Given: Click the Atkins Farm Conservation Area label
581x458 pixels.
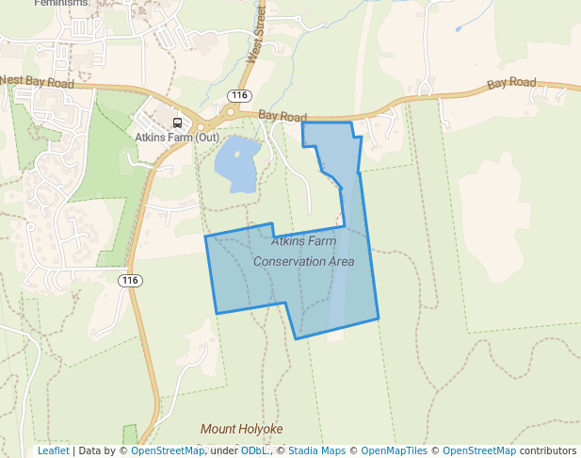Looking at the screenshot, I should point(304,251).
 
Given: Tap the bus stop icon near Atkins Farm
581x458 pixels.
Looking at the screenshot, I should point(177,123).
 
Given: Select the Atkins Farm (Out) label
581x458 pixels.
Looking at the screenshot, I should point(178,138).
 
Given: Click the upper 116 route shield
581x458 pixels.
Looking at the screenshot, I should point(239,96).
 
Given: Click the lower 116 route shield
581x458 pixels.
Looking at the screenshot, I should point(130,281).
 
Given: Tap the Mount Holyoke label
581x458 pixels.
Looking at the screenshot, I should point(241,429).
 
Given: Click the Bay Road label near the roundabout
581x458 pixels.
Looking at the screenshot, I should point(282,117).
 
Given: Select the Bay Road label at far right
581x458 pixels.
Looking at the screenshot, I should point(510,85).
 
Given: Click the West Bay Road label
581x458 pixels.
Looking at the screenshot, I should point(37,83).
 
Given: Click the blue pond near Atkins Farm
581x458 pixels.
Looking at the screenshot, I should point(235,163).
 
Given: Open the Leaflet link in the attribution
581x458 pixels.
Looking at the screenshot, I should point(53,450).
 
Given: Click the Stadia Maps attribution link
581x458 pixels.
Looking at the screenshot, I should point(316,450).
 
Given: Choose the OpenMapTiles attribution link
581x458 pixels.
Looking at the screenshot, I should point(394,450).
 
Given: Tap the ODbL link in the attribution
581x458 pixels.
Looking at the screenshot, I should point(254,450).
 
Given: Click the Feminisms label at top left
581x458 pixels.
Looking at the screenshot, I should point(60,4).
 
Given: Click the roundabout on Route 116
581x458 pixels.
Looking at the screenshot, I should point(227,112).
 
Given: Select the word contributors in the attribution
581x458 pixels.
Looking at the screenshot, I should point(548,450).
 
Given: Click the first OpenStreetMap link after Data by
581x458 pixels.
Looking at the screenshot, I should point(168,450).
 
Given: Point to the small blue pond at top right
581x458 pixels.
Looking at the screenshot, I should point(459,29).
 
